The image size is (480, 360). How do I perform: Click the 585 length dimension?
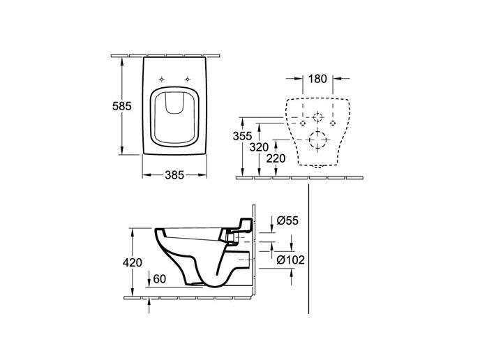[x=110, y=107]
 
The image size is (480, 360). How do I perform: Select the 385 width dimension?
[x=174, y=176]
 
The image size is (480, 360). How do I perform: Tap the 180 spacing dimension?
[x=317, y=79]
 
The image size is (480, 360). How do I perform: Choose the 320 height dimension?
[x=260, y=147]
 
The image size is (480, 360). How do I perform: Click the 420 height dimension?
[x=132, y=262]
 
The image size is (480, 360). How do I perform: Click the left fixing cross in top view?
[x=162, y=77]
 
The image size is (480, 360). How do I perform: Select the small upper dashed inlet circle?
[x=318, y=117]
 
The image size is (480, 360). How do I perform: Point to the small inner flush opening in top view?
[x=174, y=105]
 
